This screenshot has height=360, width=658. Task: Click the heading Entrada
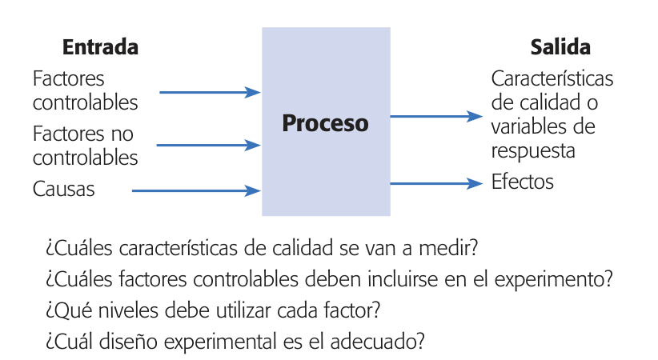click(100, 47)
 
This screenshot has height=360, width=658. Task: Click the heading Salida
click(560, 47)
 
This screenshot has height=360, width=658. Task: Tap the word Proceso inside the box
click(326, 124)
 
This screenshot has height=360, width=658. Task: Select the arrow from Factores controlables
click(210, 93)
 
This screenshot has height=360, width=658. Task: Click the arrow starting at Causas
click(195, 190)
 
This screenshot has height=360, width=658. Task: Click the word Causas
click(64, 190)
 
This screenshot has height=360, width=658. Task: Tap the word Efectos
click(522, 182)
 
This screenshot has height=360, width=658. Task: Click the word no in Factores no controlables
click(122, 133)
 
